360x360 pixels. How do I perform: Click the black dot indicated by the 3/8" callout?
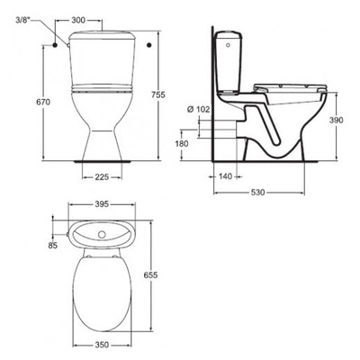pyautogui.click(x=57, y=42)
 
